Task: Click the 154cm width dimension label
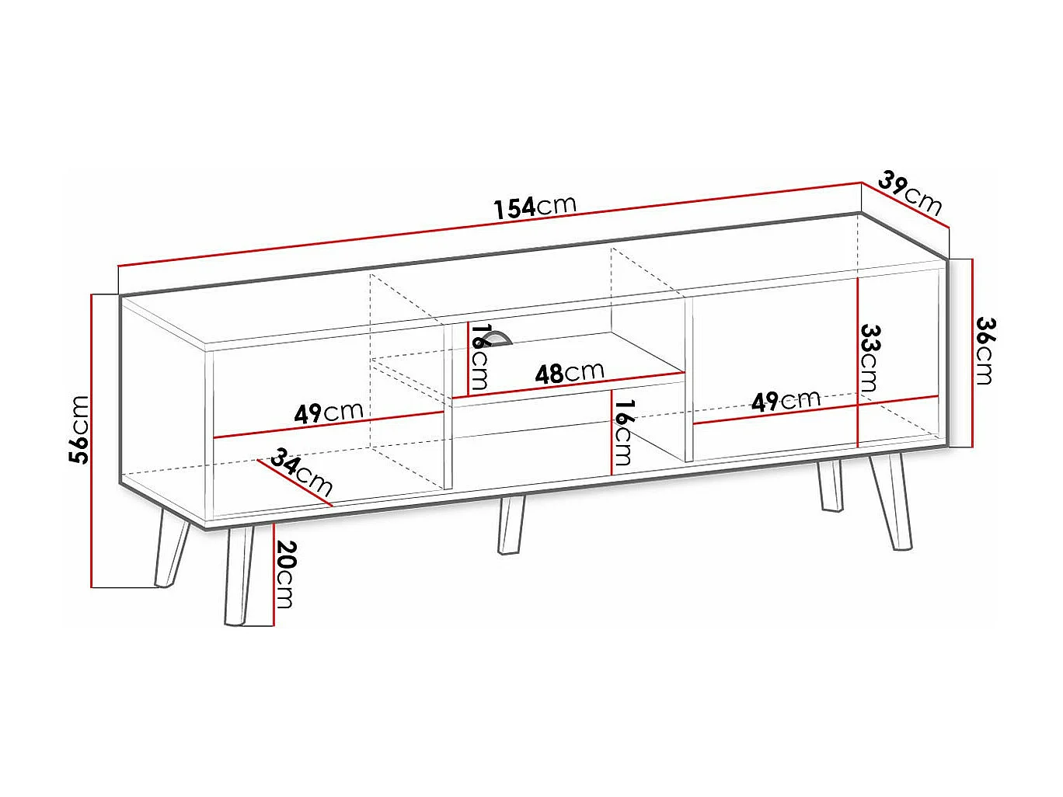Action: [535, 206]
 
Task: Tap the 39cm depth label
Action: [910, 192]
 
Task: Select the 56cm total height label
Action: [79, 430]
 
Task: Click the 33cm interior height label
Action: [870, 357]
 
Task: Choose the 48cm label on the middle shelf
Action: [569, 373]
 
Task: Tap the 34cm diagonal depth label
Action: [301, 474]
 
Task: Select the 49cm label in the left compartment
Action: [328, 412]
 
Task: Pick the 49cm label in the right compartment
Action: [786, 401]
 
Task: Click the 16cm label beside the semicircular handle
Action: [479, 357]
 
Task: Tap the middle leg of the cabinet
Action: [511, 524]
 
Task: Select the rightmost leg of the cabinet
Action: [891, 501]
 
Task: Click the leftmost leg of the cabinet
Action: [171, 548]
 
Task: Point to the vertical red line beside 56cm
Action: [92, 440]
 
